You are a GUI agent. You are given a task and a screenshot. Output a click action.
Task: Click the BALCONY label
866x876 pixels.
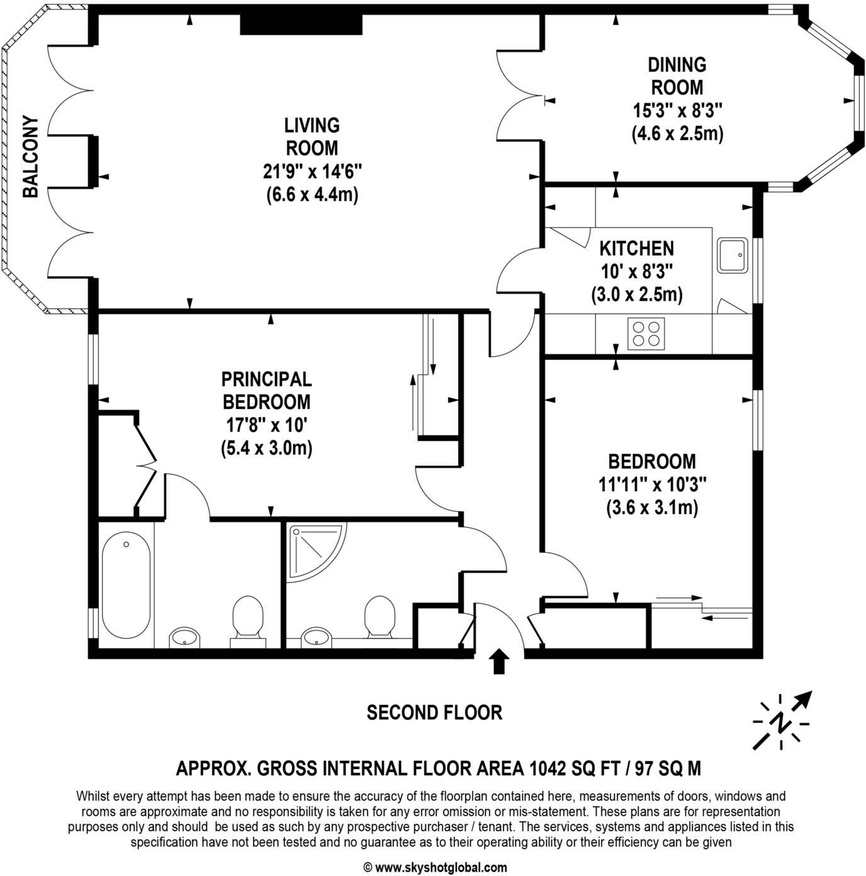[30, 157]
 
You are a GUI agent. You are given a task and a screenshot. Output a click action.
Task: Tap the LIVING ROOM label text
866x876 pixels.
[312, 137]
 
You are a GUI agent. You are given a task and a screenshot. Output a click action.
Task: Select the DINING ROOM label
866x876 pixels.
[677, 76]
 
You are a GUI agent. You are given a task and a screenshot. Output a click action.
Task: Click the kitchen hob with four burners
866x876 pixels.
[646, 334]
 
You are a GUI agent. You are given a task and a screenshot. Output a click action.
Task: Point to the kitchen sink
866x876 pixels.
[732, 255]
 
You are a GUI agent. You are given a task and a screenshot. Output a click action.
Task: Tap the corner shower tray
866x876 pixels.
[315, 551]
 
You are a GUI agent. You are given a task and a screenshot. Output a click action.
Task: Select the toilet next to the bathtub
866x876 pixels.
[248, 618]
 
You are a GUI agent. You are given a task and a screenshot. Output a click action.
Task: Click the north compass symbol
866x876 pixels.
[782, 720]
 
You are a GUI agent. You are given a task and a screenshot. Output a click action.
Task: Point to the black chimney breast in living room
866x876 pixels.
[301, 25]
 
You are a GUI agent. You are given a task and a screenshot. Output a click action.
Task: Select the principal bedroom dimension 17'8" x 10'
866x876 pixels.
[266, 425]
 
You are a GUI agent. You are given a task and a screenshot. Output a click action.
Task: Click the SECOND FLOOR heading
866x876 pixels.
[434, 712]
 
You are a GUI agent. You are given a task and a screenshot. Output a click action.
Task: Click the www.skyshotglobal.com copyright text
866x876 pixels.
[435, 867]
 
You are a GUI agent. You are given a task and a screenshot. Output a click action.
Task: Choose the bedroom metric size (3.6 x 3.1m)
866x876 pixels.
[652, 508]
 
